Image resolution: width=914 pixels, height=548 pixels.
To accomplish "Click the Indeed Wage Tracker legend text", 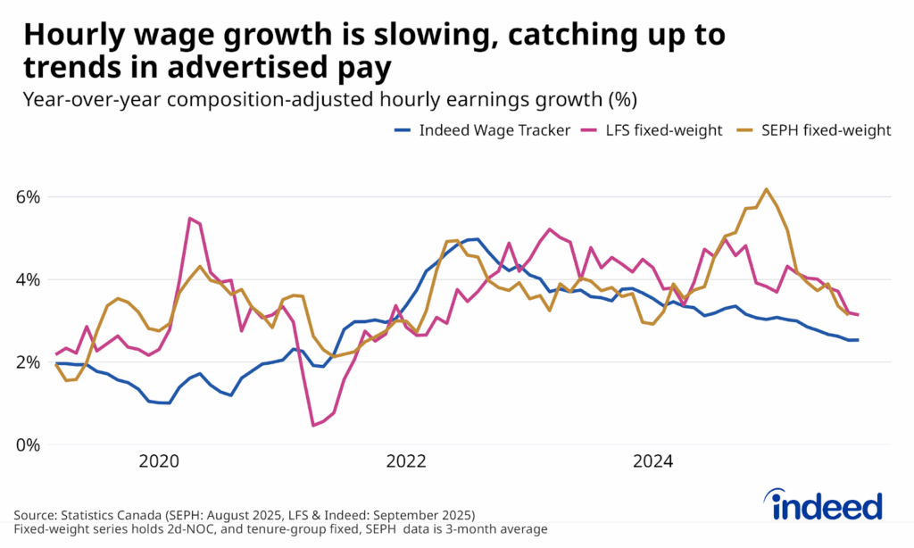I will coord(495,130).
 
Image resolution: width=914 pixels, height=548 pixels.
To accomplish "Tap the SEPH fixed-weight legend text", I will coord(827,130).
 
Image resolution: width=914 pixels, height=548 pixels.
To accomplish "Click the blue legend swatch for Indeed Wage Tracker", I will coord(404,131).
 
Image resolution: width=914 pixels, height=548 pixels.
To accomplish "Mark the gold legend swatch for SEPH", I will coord(748,131).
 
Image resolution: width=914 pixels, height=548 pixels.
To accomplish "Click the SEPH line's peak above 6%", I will coord(766,189).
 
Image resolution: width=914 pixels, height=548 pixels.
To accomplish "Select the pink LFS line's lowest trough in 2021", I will coord(313,425).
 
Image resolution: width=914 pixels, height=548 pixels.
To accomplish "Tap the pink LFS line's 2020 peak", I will coord(190,218).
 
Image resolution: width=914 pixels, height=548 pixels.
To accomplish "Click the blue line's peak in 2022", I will coord(477,239).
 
